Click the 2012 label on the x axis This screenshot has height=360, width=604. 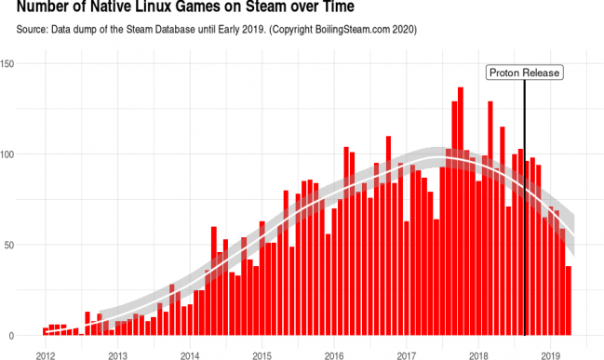click(x=45, y=353)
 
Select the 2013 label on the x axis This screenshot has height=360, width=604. click(x=117, y=353)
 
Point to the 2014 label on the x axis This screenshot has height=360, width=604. click(x=190, y=353)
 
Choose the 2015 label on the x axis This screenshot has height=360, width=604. click(x=262, y=353)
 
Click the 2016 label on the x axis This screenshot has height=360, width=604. click(x=334, y=353)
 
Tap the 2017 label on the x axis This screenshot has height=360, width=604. click(x=407, y=353)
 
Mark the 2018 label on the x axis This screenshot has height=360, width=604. click(x=478, y=353)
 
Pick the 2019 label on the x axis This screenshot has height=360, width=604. click(x=551, y=353)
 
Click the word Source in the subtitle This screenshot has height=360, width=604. click(x=34, y=31)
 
